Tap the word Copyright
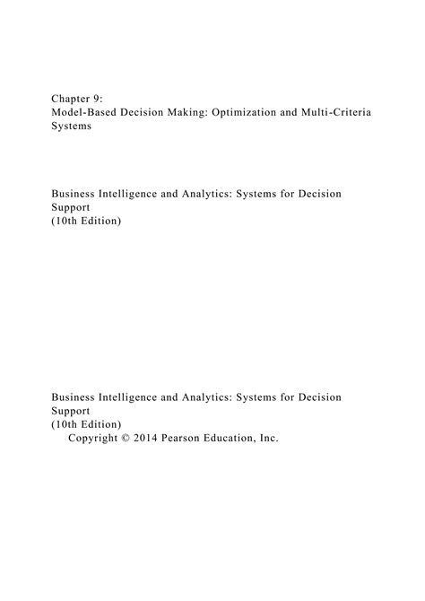(x=98, y=439)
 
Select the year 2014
(x=161, y=439)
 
